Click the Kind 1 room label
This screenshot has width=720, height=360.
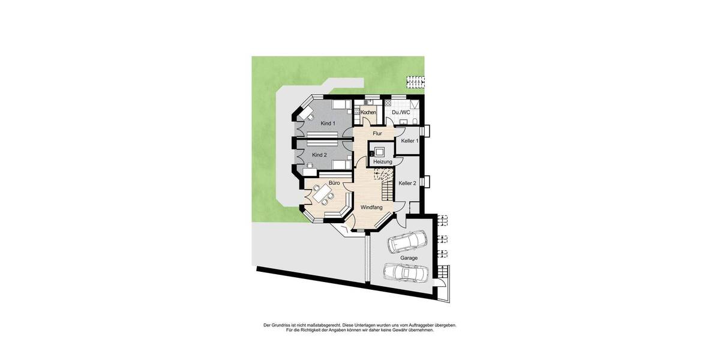[328, 123]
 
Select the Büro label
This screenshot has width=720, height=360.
[334, 182]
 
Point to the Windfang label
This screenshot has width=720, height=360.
[371, 207]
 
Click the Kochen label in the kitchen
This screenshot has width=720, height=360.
[368, 112]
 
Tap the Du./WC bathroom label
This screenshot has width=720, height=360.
[401, 112]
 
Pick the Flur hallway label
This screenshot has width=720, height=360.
[377, 133]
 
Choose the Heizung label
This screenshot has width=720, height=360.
[382, 162]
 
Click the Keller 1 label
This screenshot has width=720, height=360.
[410, 140]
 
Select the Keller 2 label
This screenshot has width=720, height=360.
[407, 183]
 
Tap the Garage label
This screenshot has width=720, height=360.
[409, 258]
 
